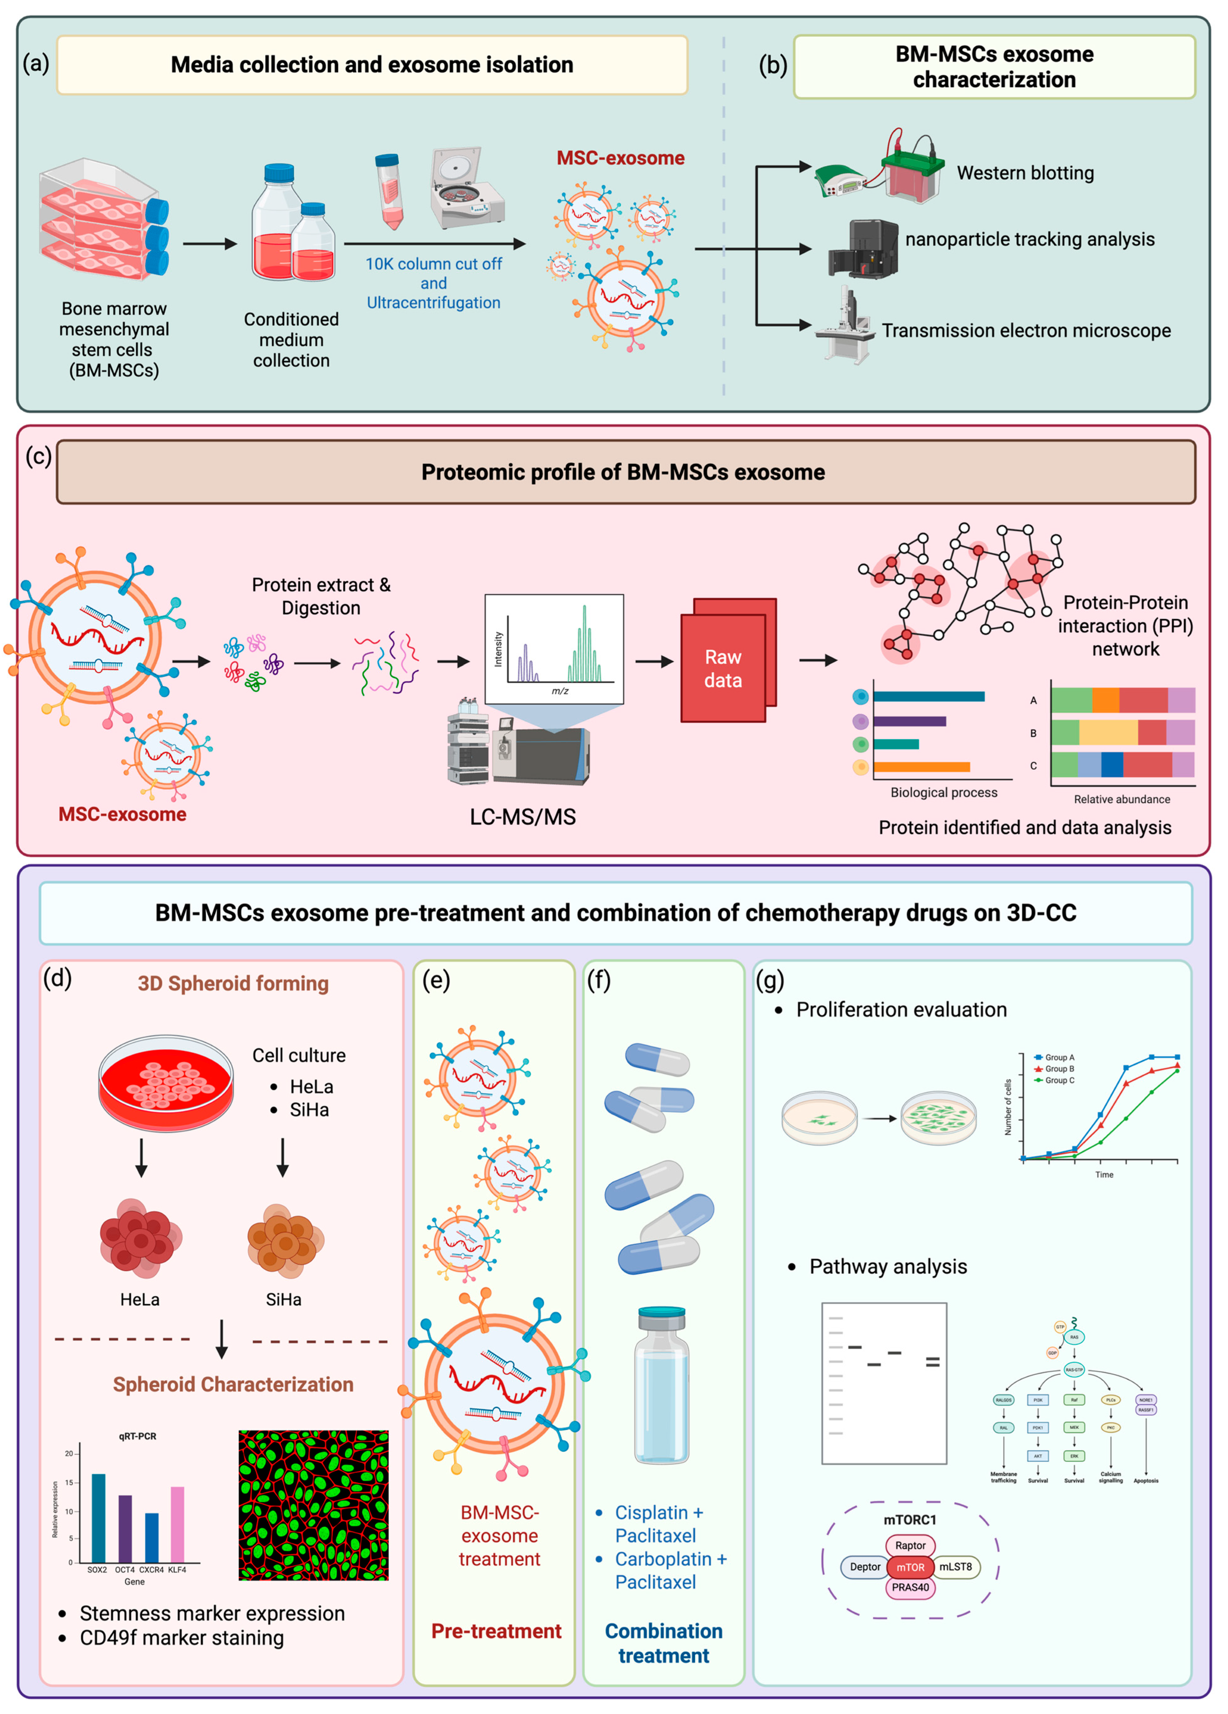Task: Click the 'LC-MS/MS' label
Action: pyautogui.click(x=522, y=817)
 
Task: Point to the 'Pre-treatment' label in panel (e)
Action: pyautogui.click(x=496, y=1631)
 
